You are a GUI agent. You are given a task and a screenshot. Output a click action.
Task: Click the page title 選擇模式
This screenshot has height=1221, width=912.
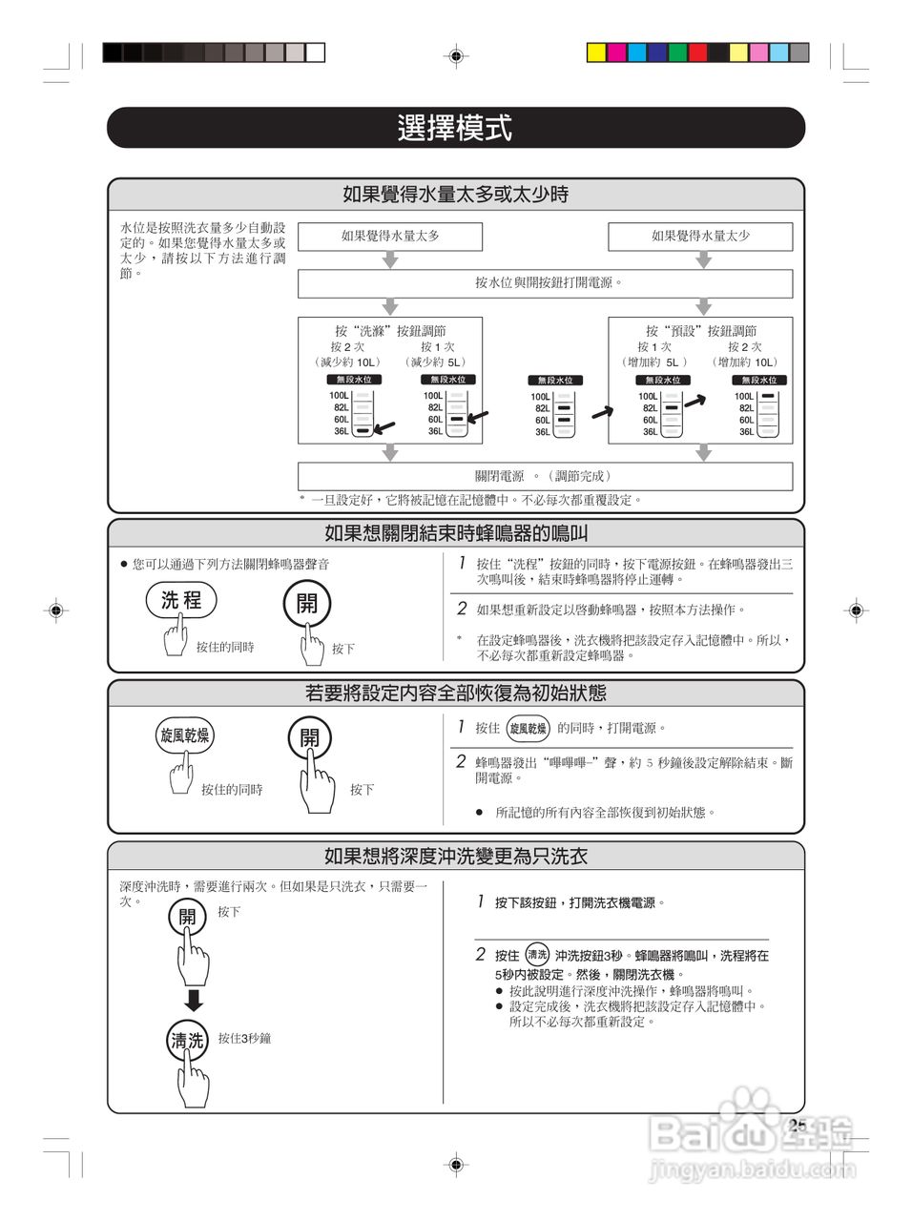pyautogui.click(x=455, y=128)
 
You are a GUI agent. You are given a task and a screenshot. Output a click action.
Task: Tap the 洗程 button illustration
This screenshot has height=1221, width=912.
pyautogui.click(x=181, y=600)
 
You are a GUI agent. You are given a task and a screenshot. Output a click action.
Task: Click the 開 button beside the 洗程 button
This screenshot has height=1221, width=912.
pyautogui.click(x=306, y=604)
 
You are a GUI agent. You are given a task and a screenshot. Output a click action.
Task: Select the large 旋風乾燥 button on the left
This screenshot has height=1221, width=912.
pyautogui.click(x=184, y=735)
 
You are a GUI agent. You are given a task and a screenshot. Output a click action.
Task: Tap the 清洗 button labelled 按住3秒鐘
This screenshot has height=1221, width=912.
pyautogui.click(x=187, y=1041)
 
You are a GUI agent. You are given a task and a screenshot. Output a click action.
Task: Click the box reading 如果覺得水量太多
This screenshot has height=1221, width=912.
pyautogui.click(x=390, y=237)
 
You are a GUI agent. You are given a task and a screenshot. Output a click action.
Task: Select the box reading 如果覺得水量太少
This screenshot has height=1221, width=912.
pyautogui.click(x=700, y=237)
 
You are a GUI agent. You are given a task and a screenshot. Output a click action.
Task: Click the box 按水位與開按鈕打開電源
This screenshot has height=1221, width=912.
pyautogui.click(x=546, y=283)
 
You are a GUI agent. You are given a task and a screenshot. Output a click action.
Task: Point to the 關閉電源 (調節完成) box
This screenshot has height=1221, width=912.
pyautogui.click(x=546, y=476)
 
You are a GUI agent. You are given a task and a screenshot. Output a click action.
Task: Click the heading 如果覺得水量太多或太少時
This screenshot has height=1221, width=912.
pyautogui.click(x=455, y=195)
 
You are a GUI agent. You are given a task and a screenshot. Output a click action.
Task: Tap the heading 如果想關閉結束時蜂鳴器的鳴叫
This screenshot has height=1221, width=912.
pyautogui.click(x=455, y=533)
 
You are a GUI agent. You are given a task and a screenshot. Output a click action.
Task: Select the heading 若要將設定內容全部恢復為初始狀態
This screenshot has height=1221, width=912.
pyautogui.click(x=455, y=693)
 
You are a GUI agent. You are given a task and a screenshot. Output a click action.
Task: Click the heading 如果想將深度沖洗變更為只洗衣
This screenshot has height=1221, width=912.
pyautogui.click(x=455, y=856)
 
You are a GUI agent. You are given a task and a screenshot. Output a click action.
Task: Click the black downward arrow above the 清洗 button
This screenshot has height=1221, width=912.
pyautogui.click(x=194, y=1000)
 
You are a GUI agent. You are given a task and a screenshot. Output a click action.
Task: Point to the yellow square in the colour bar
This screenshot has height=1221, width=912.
pyautogui.click(x=596, y=52)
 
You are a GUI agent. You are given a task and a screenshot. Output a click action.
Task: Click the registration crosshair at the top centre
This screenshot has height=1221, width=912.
pyautogui.click(x=456, y=56)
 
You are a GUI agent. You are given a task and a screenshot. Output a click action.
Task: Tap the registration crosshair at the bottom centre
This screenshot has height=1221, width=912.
pyautogui.click(x=456, y=1164)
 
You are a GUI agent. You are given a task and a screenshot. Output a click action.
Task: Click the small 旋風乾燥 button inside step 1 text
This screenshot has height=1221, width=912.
pyautogui.click(x=528, y=729)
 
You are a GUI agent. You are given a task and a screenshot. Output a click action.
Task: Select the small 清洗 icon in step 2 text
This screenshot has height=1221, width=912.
pyautogui.click(x=537, y=954)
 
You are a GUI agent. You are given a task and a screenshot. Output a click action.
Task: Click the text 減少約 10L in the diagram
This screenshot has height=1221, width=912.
pyautogui.click(x=346, y=362)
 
